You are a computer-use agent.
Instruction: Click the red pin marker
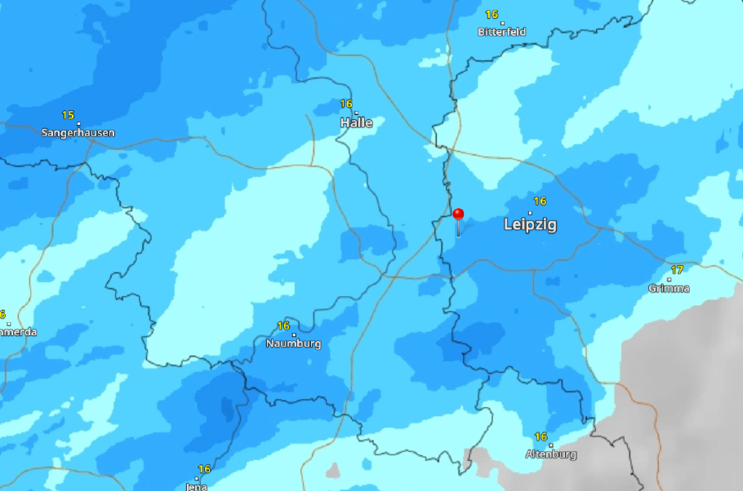458,215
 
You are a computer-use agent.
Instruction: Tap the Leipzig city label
530,223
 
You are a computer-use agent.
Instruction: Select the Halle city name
356,122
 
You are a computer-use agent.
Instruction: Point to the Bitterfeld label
501,32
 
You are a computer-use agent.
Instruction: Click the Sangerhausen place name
78,132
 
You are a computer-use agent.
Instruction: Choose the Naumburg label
293,343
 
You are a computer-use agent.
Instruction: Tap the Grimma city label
669,288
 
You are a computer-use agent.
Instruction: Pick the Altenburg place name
550,454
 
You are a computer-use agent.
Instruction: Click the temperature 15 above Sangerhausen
68,115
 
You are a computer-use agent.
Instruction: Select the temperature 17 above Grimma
677,270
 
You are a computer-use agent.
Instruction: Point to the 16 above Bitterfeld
492,15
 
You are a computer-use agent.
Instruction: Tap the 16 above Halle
346,104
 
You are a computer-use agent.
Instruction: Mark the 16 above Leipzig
540,201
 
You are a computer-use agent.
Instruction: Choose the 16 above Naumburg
283,326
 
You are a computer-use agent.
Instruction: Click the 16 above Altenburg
541,437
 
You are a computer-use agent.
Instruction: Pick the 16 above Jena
204,469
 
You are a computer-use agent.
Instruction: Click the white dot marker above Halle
356,113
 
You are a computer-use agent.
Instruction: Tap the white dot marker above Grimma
670,279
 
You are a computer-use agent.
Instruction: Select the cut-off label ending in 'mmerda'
17,332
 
